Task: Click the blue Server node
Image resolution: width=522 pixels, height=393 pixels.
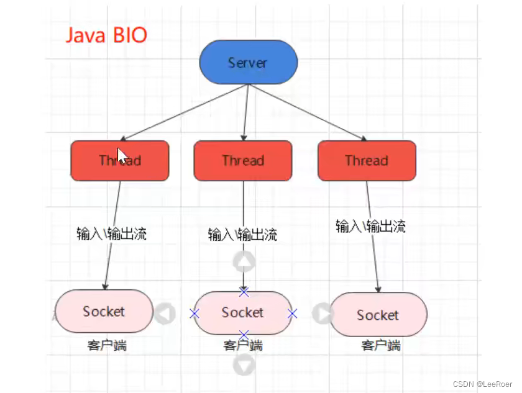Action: tap(248, 63)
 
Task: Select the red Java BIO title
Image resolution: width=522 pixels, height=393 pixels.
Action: tap(106, 35)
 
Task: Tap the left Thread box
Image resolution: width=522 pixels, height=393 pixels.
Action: tap(119, 161)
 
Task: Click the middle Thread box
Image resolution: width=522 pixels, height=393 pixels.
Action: tap(242, 161)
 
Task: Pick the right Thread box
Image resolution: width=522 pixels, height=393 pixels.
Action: tap(366, 161)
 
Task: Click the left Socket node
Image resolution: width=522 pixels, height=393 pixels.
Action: tap(104, 311)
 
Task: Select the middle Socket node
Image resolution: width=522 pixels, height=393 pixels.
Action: tap(242, 312)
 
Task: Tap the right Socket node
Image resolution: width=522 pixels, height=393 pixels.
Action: tap(378, 315)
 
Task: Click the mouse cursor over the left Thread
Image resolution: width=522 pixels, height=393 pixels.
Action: tap(122, 155)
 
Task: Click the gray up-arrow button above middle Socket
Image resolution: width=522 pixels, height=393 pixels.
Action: tap(244, 262)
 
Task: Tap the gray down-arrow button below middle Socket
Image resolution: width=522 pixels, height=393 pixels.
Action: tap(244, 365)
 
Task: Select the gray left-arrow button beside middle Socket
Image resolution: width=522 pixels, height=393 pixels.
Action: tap(165, 314)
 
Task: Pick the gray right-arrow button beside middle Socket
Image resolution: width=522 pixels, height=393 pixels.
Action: tap(323, 314)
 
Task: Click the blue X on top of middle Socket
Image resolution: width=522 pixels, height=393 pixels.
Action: tap(244, 291)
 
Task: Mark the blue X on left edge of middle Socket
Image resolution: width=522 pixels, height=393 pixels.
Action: tap(195, 314)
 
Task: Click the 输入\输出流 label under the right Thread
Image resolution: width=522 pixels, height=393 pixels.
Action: tap(370, 226)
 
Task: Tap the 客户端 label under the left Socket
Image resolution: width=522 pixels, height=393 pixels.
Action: tap(107, 345)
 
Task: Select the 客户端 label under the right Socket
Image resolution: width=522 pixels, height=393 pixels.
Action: tap(380, 345)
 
